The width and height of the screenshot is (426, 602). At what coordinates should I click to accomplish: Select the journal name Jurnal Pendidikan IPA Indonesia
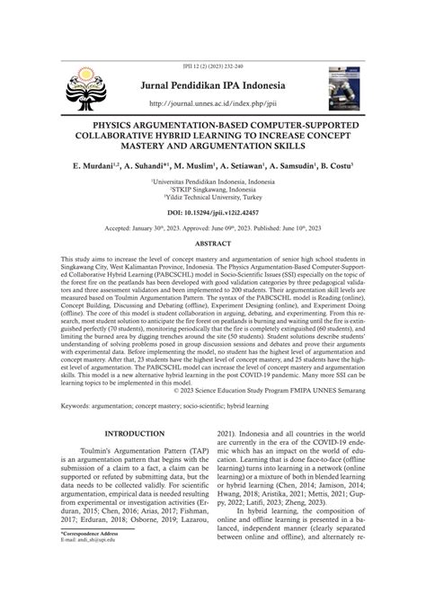tap(212, 86)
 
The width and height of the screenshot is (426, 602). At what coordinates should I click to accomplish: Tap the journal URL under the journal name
tap(212, 102)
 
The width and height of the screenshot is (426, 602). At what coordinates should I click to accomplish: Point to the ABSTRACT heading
tap(213, 243)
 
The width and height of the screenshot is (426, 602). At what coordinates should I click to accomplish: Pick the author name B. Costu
tap(333, 167)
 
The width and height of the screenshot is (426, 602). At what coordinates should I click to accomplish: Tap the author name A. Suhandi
tap(146, 167)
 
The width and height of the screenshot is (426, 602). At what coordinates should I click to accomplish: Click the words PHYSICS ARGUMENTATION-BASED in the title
tap(153, 122)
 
